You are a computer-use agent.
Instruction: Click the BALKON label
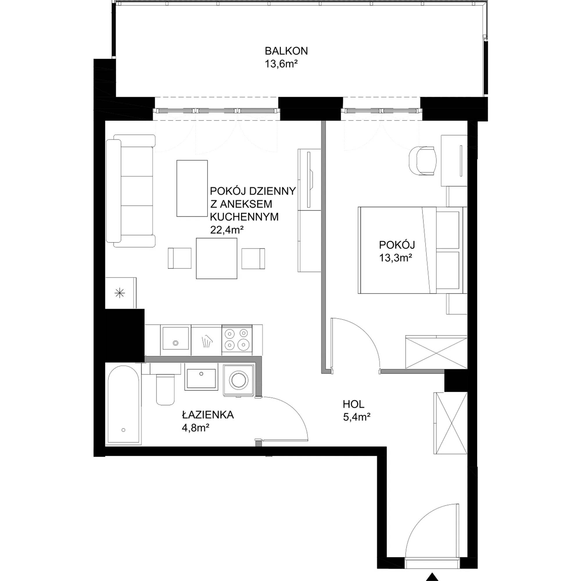pos(286,51)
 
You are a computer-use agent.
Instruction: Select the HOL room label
pos(353,404)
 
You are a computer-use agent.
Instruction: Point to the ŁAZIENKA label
pos(208,415)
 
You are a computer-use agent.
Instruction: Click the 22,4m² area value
pos(227,230)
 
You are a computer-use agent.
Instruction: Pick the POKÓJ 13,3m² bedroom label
pos(397,251)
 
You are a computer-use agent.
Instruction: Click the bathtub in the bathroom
pos(123,405)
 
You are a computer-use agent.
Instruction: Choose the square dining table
pos(216,258)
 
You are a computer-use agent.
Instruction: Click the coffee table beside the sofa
pos(192,188)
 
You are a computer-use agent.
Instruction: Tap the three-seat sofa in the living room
pos(131,191)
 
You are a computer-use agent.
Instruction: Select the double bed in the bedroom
pos(412,250)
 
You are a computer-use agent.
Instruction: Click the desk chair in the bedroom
pos(422,160)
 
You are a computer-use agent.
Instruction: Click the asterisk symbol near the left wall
pos(120,293)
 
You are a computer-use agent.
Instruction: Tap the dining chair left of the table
pos(180,258)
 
